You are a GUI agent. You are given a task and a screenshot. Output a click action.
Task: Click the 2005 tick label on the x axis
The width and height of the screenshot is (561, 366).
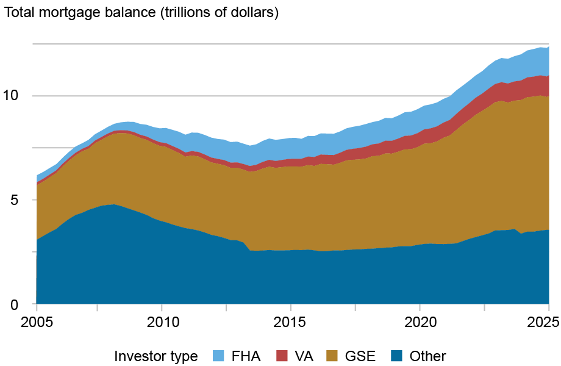click(x=37, y=321)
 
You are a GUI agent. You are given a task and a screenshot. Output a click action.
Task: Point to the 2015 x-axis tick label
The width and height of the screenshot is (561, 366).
click(x=291, y=321)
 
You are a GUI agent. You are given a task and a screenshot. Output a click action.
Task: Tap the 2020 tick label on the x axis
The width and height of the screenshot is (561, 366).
click(x=420, y=321)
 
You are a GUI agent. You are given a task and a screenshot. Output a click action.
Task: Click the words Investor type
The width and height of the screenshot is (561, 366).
click(x=155, y=356)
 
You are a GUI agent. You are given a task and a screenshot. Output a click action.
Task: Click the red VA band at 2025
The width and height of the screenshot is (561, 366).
click(x=547, y=86)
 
